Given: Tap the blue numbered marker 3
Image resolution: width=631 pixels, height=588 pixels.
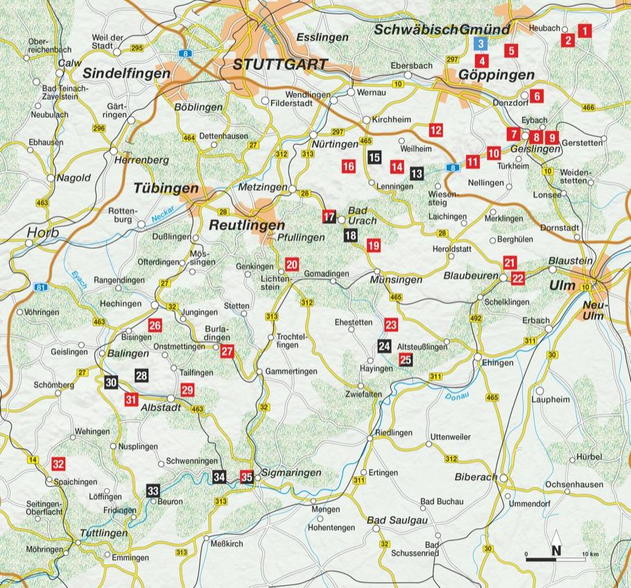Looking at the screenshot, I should (x=480, y=44).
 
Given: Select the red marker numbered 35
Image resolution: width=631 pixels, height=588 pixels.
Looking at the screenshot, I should (x=247, y=476).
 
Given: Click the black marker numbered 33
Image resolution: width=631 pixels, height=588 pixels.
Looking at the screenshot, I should (x=153, y=490).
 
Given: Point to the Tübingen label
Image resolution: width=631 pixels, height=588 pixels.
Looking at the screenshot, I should (x=166, y=189).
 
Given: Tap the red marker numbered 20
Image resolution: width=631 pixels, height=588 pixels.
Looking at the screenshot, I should (x=291, y=264).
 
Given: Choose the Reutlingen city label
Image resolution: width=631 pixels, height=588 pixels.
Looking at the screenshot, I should (x=247, y=226).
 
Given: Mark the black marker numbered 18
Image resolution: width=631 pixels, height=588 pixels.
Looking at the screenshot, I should (x=351, y=236).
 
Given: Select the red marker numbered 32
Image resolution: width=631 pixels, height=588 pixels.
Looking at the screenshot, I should (x=59, y=464).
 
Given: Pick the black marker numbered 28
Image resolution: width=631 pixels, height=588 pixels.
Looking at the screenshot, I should (x=141, y=376).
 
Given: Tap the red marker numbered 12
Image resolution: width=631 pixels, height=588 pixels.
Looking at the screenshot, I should (x=435, y=129).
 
